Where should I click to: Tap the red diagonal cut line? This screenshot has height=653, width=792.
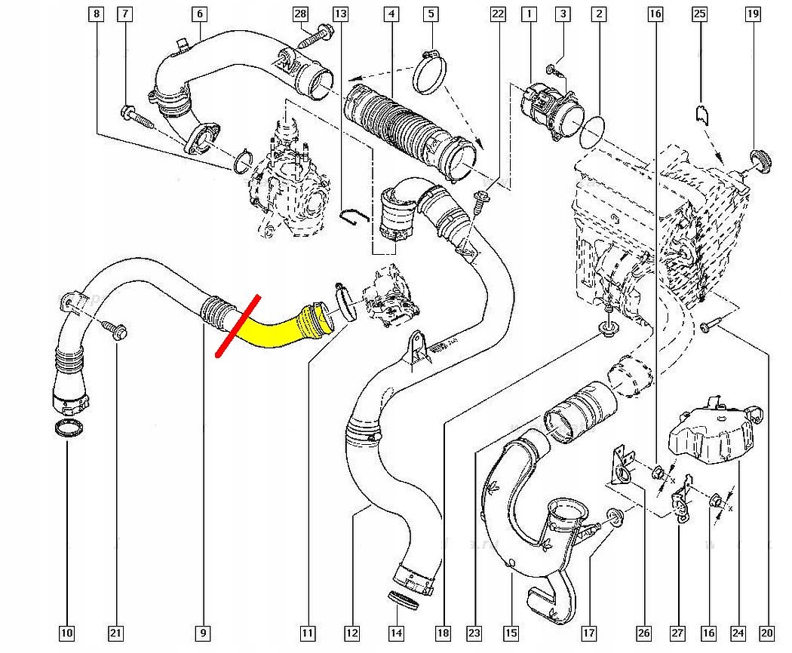click(238, 326)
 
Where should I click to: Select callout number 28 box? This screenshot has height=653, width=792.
click(300, 14)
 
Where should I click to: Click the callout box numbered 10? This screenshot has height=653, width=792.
click(67, 633)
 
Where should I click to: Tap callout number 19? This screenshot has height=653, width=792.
click(752, 14)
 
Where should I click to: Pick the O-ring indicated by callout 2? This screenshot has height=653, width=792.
click(593, 131)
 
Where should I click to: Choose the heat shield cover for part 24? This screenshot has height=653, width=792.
click(713, 434)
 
